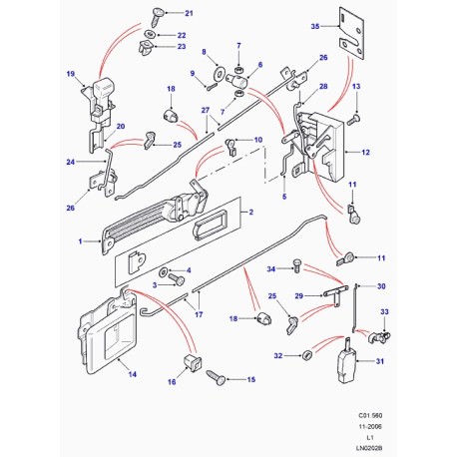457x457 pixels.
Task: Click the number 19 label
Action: click(71, 74)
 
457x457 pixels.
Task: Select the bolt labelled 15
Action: click(217, 378)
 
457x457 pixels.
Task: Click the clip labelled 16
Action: click(188, 360)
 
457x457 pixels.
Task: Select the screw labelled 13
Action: click(353, 119)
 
